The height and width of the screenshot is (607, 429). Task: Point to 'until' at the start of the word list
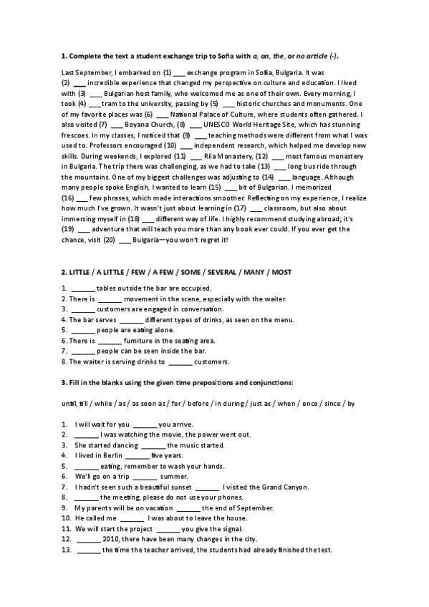click(x=69, y=403)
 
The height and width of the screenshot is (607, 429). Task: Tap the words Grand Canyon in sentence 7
click(x=283, y=486)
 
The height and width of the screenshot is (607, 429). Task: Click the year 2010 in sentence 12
click(x=112, y=538)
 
